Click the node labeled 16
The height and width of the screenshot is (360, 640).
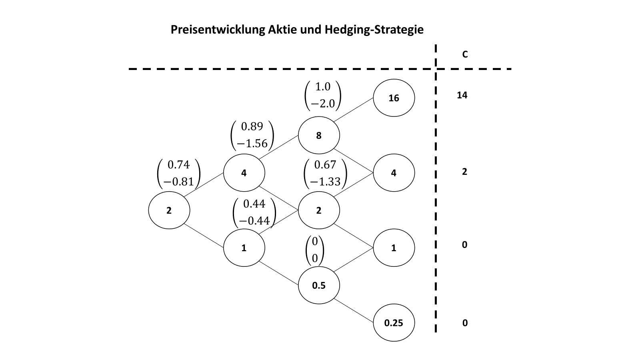click(394, 98)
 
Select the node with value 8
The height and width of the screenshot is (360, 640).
click(319, 136)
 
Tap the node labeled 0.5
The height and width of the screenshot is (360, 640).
click(319, 286)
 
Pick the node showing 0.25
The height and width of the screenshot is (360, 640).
click(394, 323)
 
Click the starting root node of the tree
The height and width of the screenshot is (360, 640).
click(169, 210)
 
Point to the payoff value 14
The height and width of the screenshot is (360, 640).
click(462, 95)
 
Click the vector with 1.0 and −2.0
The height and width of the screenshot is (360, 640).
click(322, 96)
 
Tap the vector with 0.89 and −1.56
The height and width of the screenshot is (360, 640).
click(252, 135)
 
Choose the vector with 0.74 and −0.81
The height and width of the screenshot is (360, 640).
click(178, 173)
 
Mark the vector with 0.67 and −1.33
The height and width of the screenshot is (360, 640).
click(325, 173)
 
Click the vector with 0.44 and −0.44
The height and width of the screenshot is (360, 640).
click(254, 212)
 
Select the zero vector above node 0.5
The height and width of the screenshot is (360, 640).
click(315, 250)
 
